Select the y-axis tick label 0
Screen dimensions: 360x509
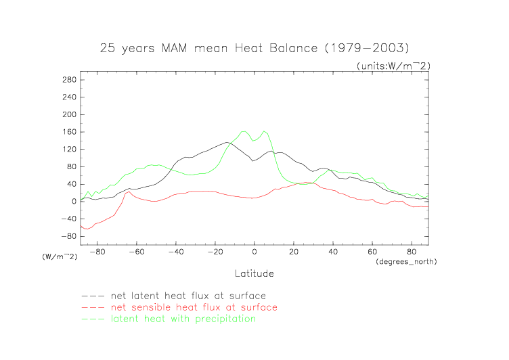coord(73,201)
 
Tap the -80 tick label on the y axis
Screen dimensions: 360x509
coord(66,236)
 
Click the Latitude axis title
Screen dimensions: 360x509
coord(255,273)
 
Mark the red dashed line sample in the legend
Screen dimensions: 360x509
coord(92,308)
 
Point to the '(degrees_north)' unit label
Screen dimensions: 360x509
coord(405,261)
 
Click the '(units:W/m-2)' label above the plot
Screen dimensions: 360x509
coord(393,65)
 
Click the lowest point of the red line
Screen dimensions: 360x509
coord(86,229)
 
